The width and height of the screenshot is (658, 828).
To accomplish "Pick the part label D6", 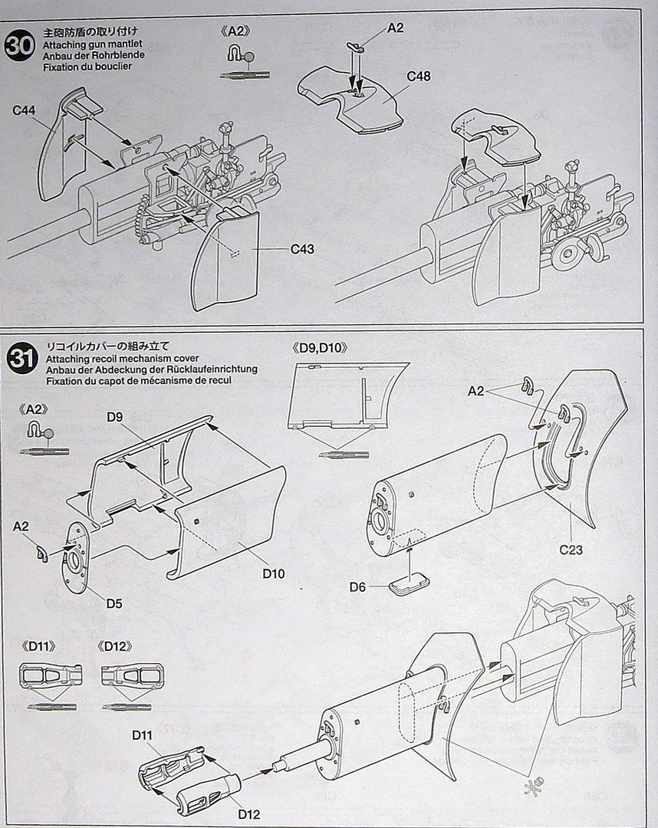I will (357, 586).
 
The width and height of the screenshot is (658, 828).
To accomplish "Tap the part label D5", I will (114, 603).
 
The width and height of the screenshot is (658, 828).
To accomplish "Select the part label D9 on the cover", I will (116, 417).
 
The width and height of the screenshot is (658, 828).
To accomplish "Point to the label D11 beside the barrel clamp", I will (143, 735).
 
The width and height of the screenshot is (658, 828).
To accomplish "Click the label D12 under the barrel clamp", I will (248, 813).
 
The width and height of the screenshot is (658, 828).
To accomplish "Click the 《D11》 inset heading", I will (40, 646).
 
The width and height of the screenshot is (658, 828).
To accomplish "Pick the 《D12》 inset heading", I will (117, 646).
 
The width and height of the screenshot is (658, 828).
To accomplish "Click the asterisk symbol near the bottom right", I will (530, 786).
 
